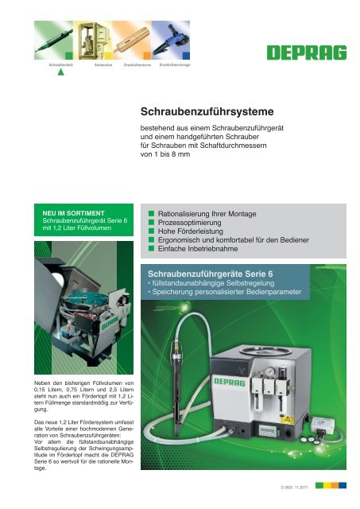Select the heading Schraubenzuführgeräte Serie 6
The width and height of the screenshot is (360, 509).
pyautogui.click(x=211, y=278)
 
